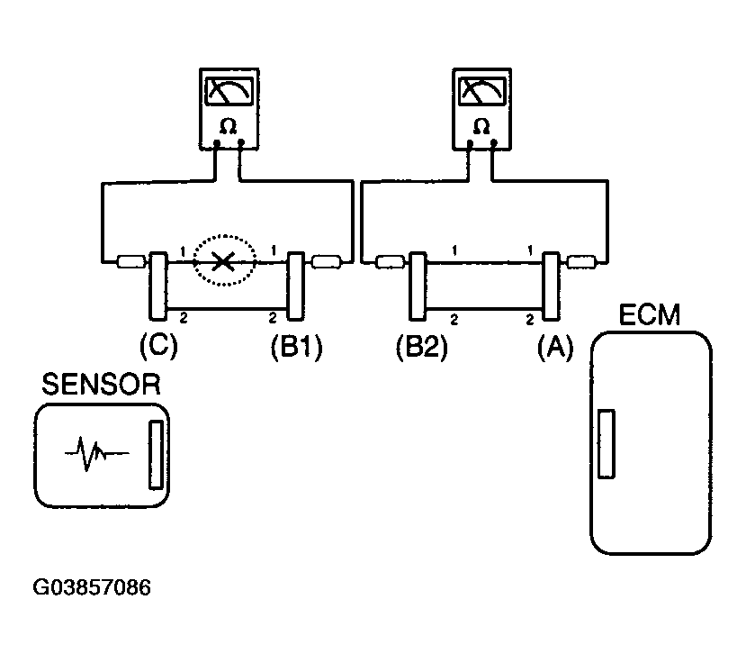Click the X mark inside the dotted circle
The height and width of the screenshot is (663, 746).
click(222, 261)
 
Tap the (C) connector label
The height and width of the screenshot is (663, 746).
click(158, 346)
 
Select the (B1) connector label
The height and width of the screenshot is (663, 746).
click(296, 347)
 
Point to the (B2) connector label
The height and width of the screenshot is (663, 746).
click(421, 347)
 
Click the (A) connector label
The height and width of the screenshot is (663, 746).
click(555, 347)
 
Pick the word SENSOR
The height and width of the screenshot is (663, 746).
click(102, 385)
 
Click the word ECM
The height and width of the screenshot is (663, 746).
click(650, 314)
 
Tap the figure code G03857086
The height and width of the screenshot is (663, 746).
click(92, 587)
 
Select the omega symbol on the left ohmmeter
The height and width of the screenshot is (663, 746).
click(229, 126)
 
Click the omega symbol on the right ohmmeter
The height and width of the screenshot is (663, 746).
click(481, 126)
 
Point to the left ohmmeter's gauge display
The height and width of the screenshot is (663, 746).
click(229, 91)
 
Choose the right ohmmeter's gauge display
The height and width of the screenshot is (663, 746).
click(482, 91)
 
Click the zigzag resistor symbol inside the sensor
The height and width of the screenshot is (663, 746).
click(96, 452)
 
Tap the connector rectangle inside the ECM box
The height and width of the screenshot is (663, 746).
click(607, 443)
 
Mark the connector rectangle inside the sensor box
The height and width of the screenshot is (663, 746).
click(156, 454)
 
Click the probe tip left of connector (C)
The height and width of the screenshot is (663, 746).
click(130, 261)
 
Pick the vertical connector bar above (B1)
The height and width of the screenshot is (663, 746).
click(296, 286)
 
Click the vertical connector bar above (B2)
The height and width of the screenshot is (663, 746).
click(418, 286)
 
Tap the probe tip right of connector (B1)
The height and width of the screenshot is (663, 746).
click(326, 261)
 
